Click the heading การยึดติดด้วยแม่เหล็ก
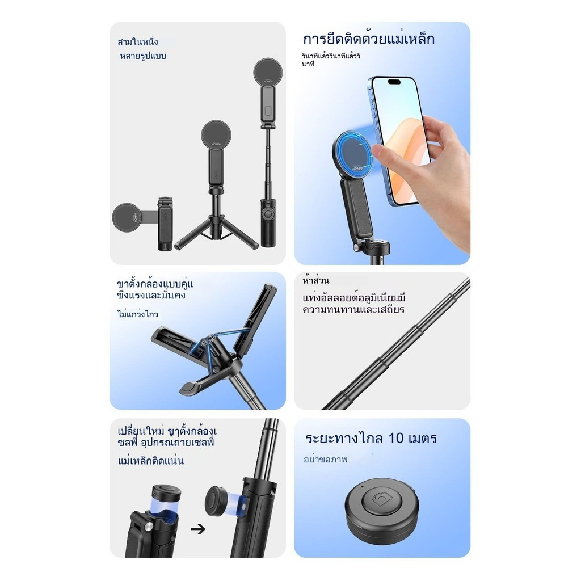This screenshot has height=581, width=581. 368,39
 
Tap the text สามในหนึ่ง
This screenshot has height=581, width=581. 137,41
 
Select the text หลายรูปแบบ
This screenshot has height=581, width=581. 143,56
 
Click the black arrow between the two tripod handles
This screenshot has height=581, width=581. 198,529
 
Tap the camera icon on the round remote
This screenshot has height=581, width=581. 381,501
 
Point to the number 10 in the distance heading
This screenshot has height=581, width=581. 395,439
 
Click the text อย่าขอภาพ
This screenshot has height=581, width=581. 326,460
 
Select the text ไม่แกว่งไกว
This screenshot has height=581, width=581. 138,314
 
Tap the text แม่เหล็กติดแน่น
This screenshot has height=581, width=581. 151,461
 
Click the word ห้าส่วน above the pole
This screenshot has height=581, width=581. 315,280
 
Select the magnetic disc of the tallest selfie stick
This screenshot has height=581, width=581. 268,72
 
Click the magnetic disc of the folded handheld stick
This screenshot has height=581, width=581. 127,218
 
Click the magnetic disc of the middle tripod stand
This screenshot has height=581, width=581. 216,135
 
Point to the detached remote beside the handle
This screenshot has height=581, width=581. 218,503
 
